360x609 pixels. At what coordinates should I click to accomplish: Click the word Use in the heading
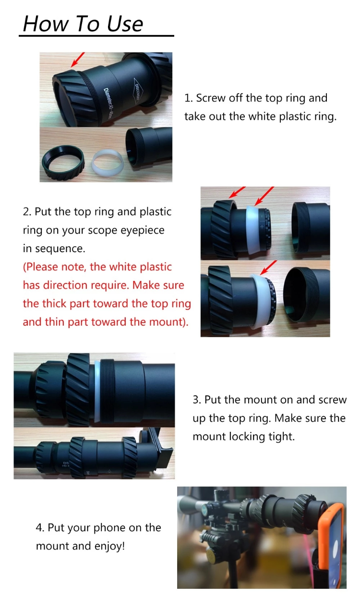click(123, 24)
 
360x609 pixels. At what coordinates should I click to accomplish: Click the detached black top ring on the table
click(63, 162)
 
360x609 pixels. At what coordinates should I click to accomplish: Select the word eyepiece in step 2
click(143, 230)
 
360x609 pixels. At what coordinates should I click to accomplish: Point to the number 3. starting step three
click(197, 400)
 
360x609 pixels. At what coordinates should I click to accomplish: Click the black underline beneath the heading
click(96, 36)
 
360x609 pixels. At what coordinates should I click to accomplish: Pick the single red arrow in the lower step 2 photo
click(269, 267)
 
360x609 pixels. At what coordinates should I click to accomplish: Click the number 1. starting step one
click(188, 98)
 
